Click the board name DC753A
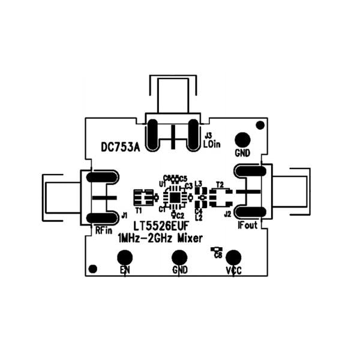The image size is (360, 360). point(120,147)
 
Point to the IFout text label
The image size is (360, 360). point(247,226)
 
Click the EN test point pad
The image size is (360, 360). point(125,257)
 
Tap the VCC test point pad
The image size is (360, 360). point(234,257)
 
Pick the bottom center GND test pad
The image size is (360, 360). point(179,257)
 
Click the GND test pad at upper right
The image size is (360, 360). point(242,139)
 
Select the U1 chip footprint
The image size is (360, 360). point(175,196)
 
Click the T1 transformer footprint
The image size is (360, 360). point(142,196)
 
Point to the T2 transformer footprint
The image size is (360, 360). point(221,196)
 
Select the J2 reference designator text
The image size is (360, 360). point(227,214)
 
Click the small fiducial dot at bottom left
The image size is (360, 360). point(92,268)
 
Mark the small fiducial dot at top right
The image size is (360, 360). point(260,125)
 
